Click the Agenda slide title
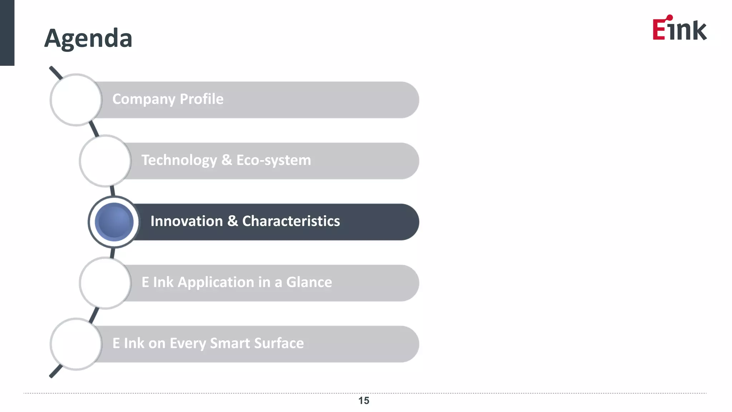coord(88,38)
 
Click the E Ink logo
coord(679,28)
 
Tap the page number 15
coord(363,401)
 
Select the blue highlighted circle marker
coord(114,222)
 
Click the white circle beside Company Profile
coord(76,100)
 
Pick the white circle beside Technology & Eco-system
coord(105,161)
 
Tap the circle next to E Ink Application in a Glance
coord(105,283)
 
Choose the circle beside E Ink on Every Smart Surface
coord(76,344)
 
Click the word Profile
coord(202,99)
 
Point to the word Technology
coord(179,160)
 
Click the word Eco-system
coord(273,160)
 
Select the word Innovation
coord(187,221)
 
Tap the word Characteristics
coord(291,221)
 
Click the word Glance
coord(309,283)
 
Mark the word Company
coord(144,99)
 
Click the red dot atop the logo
coord(670,17)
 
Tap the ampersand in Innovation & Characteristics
coord(232,221)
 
